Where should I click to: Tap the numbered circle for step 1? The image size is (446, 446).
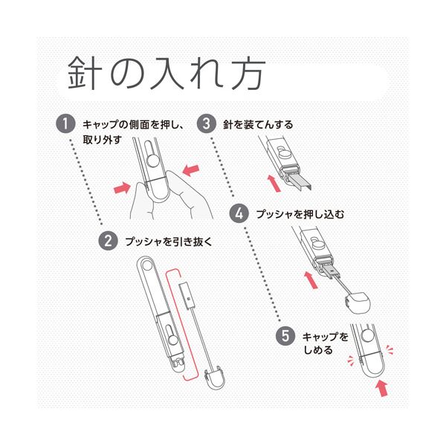pos(68,123)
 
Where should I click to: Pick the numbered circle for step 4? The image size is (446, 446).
pos(239,213)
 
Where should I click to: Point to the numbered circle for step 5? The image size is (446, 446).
pos(285,335)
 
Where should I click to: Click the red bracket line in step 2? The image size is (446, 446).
pos(178,320)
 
